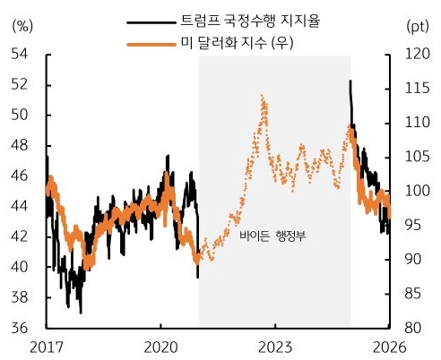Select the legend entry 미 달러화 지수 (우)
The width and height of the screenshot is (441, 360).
232,42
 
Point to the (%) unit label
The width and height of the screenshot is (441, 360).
22,25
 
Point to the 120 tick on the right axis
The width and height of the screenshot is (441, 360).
417,55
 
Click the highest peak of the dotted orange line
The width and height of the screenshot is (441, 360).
262,95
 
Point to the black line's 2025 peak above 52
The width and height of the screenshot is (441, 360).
350,81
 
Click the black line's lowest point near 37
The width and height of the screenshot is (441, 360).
81,312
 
